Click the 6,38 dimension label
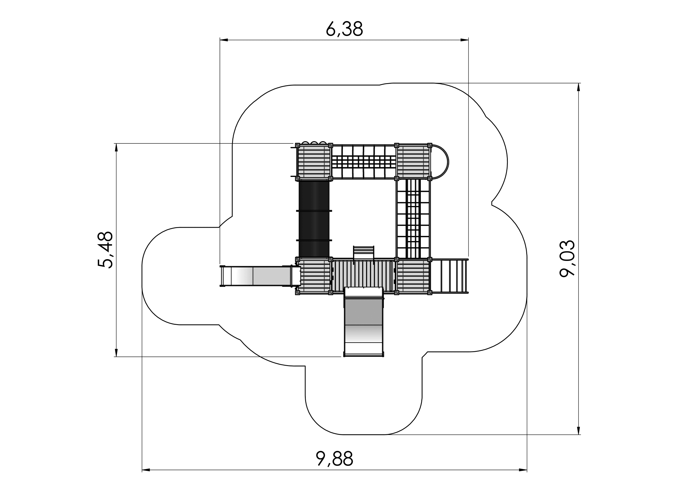344,29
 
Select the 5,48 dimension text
105,250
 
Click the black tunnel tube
314,218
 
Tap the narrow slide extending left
259,275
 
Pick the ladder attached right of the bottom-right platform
450,276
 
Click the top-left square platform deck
314,162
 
